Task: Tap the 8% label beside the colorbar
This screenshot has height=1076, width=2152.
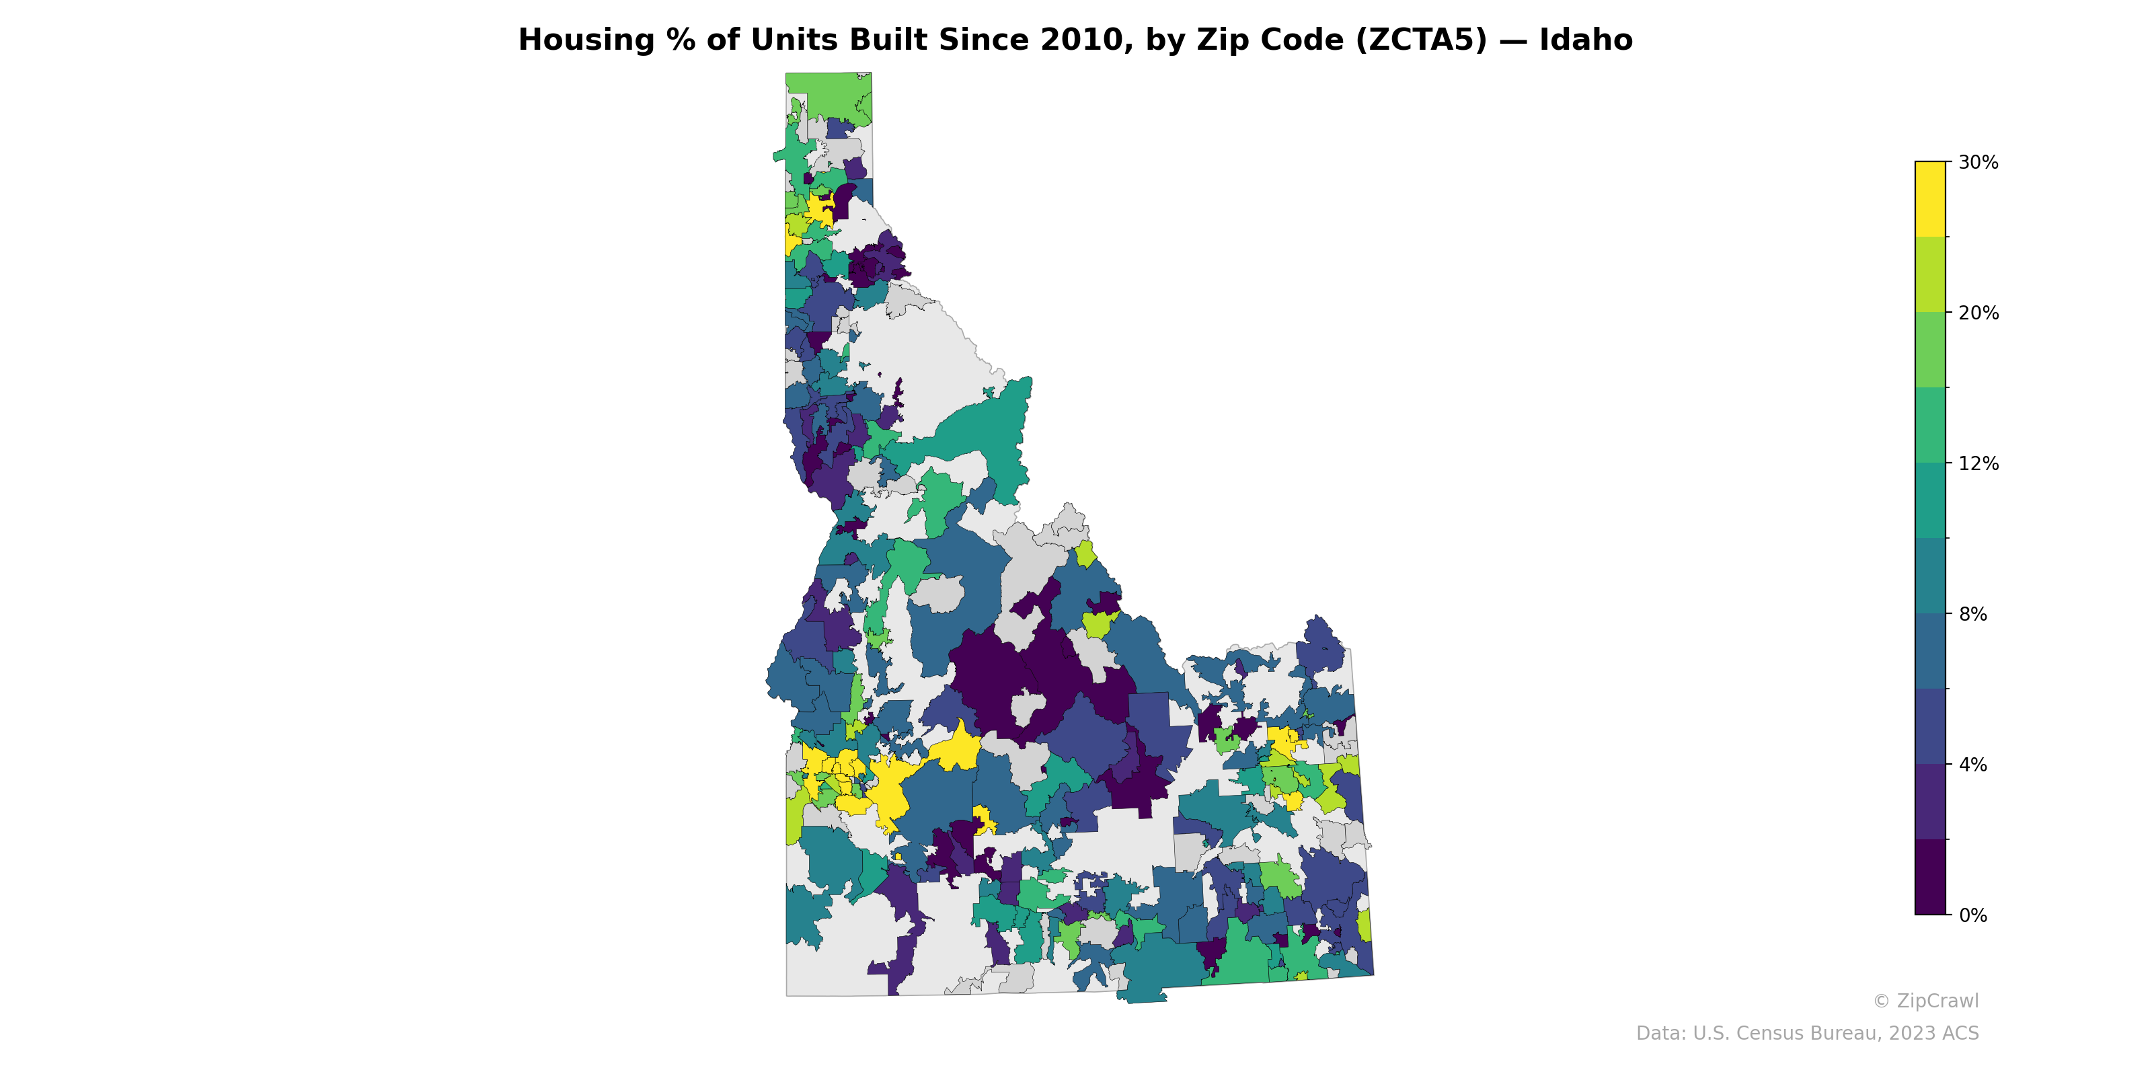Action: click(1973, 614)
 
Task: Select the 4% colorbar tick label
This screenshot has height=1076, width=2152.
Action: click(1973, 765)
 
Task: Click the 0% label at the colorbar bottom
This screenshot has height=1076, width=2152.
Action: click(1973, 915)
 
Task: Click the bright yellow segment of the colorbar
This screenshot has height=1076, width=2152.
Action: click(1930, 199)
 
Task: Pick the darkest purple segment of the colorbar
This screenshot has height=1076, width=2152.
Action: click(1930, 877)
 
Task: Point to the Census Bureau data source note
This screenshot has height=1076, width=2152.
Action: click(1807, 1034)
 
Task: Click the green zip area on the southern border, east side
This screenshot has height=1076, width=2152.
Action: click(1245, 961)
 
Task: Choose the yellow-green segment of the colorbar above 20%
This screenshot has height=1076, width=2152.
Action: click(1930, 274)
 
